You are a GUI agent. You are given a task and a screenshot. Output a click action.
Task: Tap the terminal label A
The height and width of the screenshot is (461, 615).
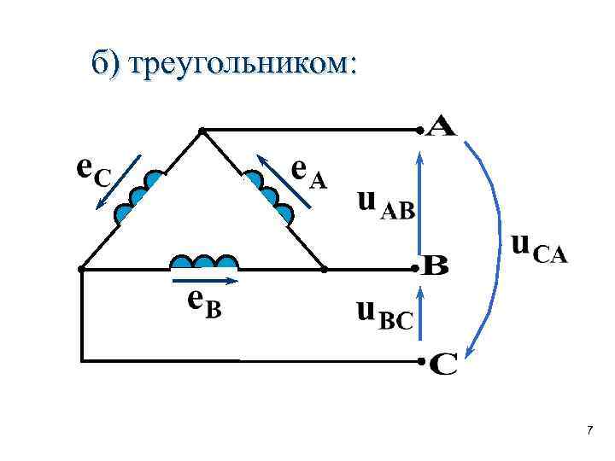tap(442, 128)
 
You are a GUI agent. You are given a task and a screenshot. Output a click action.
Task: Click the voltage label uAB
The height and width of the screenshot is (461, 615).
tap(385, 205)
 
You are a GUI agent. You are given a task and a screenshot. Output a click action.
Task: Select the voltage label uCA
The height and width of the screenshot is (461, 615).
tap(539, 248)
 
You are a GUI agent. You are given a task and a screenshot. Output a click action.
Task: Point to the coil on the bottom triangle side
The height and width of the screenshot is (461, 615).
tap(204, 262)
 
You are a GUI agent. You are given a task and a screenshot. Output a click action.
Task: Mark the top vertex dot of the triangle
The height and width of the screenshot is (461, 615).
tap(202, 131)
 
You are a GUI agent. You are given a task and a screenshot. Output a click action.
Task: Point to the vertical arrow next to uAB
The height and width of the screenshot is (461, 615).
tap(419, 201)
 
